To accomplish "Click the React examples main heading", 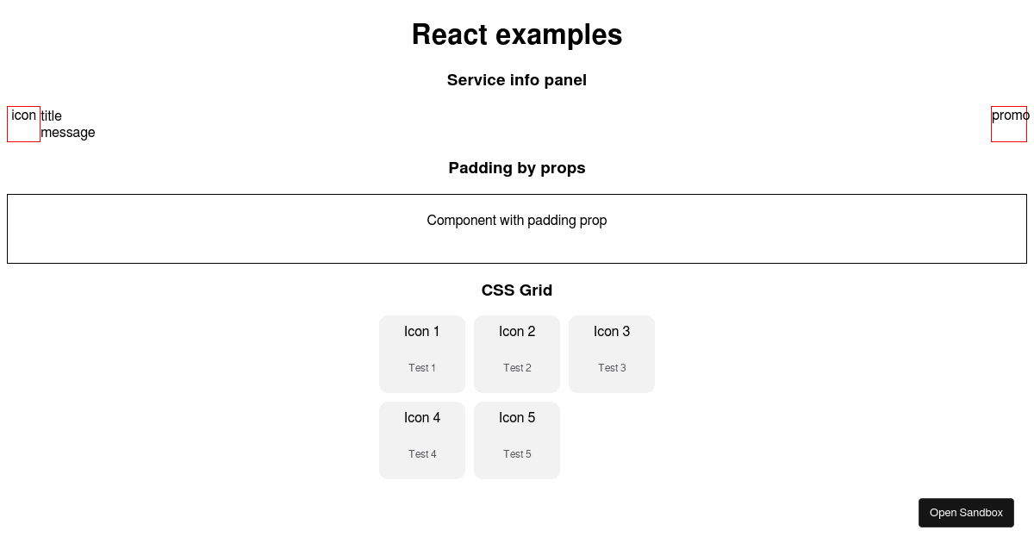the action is tap(517, 34).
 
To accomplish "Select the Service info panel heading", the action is tap(517, 80).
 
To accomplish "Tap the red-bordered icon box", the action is tap(8, 124).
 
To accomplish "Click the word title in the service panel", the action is tap(51, 115).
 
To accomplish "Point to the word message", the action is tap(68, 133).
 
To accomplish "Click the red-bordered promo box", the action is tap(991, 124).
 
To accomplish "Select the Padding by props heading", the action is tap(517, 168).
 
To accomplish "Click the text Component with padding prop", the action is tap(517, 221).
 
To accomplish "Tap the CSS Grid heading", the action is tap(517, 290).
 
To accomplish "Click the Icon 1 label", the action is tap(422, 332).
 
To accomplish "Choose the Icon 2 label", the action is tap(517, 332).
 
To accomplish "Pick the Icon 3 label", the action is tap(612, 332).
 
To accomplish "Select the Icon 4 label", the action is tap(422, 418).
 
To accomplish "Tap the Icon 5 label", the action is tap(517, 418).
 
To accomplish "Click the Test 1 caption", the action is tap(422, 368).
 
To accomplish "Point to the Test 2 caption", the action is tap(517, 368).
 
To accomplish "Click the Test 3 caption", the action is tap(612, 368).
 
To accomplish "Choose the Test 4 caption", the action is tap(422, 454).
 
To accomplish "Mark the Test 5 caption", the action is tap(517, 454).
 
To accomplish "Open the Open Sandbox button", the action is tap(966, 513).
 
